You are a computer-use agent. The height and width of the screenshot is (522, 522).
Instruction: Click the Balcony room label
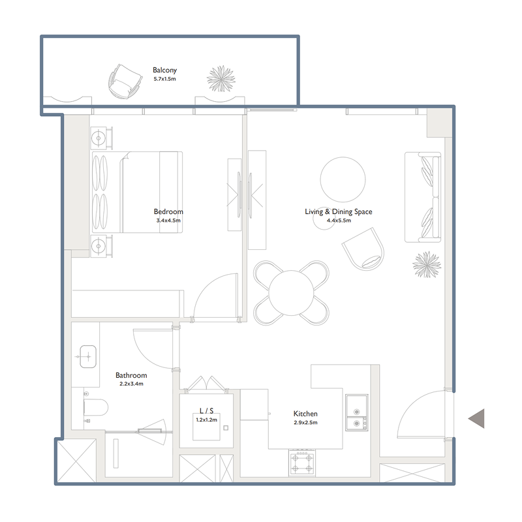coord(164,70)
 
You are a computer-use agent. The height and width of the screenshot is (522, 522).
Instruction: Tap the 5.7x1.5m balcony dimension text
coord(164,78)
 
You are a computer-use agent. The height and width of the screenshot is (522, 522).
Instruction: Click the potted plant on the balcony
coord(221,79)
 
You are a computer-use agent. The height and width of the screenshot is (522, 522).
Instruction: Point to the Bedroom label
coord(168,211)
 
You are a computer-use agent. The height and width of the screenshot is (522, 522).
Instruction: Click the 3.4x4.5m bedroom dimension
coord(168,221)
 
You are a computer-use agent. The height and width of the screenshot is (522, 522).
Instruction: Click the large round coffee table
coord(343,179)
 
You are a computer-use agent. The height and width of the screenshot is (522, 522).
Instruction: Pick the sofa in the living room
coord(423,197)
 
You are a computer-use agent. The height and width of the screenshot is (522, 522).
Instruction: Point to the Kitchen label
coord(305,414)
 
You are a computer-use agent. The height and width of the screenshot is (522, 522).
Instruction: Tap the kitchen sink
coord(356,414)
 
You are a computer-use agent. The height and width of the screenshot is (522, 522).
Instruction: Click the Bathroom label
coord(131,375)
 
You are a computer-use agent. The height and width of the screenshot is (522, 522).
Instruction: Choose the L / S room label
coord(206,411)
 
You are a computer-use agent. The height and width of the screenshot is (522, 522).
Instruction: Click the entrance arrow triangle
coord(478,418)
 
